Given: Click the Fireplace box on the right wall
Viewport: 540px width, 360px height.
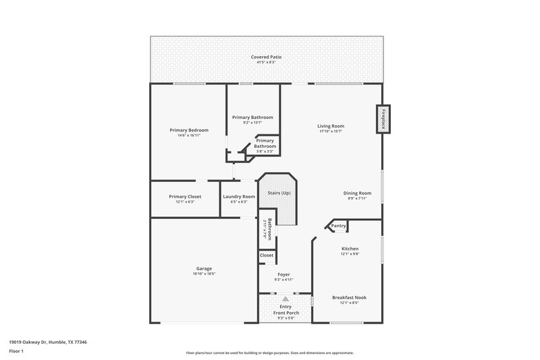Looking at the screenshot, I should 383,119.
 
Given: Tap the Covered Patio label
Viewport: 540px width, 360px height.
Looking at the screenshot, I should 266,57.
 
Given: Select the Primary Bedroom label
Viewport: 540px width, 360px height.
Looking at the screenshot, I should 189,130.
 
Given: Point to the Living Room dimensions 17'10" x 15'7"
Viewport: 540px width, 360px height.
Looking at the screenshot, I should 331,131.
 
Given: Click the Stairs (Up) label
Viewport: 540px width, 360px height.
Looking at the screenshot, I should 279,193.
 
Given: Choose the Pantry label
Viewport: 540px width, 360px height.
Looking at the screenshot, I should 338,226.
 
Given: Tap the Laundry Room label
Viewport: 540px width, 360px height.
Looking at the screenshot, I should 239,197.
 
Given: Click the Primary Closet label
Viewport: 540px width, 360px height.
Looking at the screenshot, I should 185,197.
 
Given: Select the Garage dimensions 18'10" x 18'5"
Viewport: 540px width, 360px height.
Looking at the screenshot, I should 204,274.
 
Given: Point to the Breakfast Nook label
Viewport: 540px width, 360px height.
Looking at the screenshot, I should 349,297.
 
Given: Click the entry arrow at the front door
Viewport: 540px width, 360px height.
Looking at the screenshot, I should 286,298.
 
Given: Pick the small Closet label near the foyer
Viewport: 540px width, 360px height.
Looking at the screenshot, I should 267,255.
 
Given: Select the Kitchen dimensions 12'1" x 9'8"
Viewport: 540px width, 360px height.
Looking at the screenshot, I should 349,254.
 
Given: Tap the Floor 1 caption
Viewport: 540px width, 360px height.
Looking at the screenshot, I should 17,352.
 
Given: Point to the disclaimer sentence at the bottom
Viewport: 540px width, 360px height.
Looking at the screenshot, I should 270,353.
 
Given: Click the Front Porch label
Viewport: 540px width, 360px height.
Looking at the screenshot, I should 286,312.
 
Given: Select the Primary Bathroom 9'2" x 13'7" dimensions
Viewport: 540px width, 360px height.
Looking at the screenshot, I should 252,123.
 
